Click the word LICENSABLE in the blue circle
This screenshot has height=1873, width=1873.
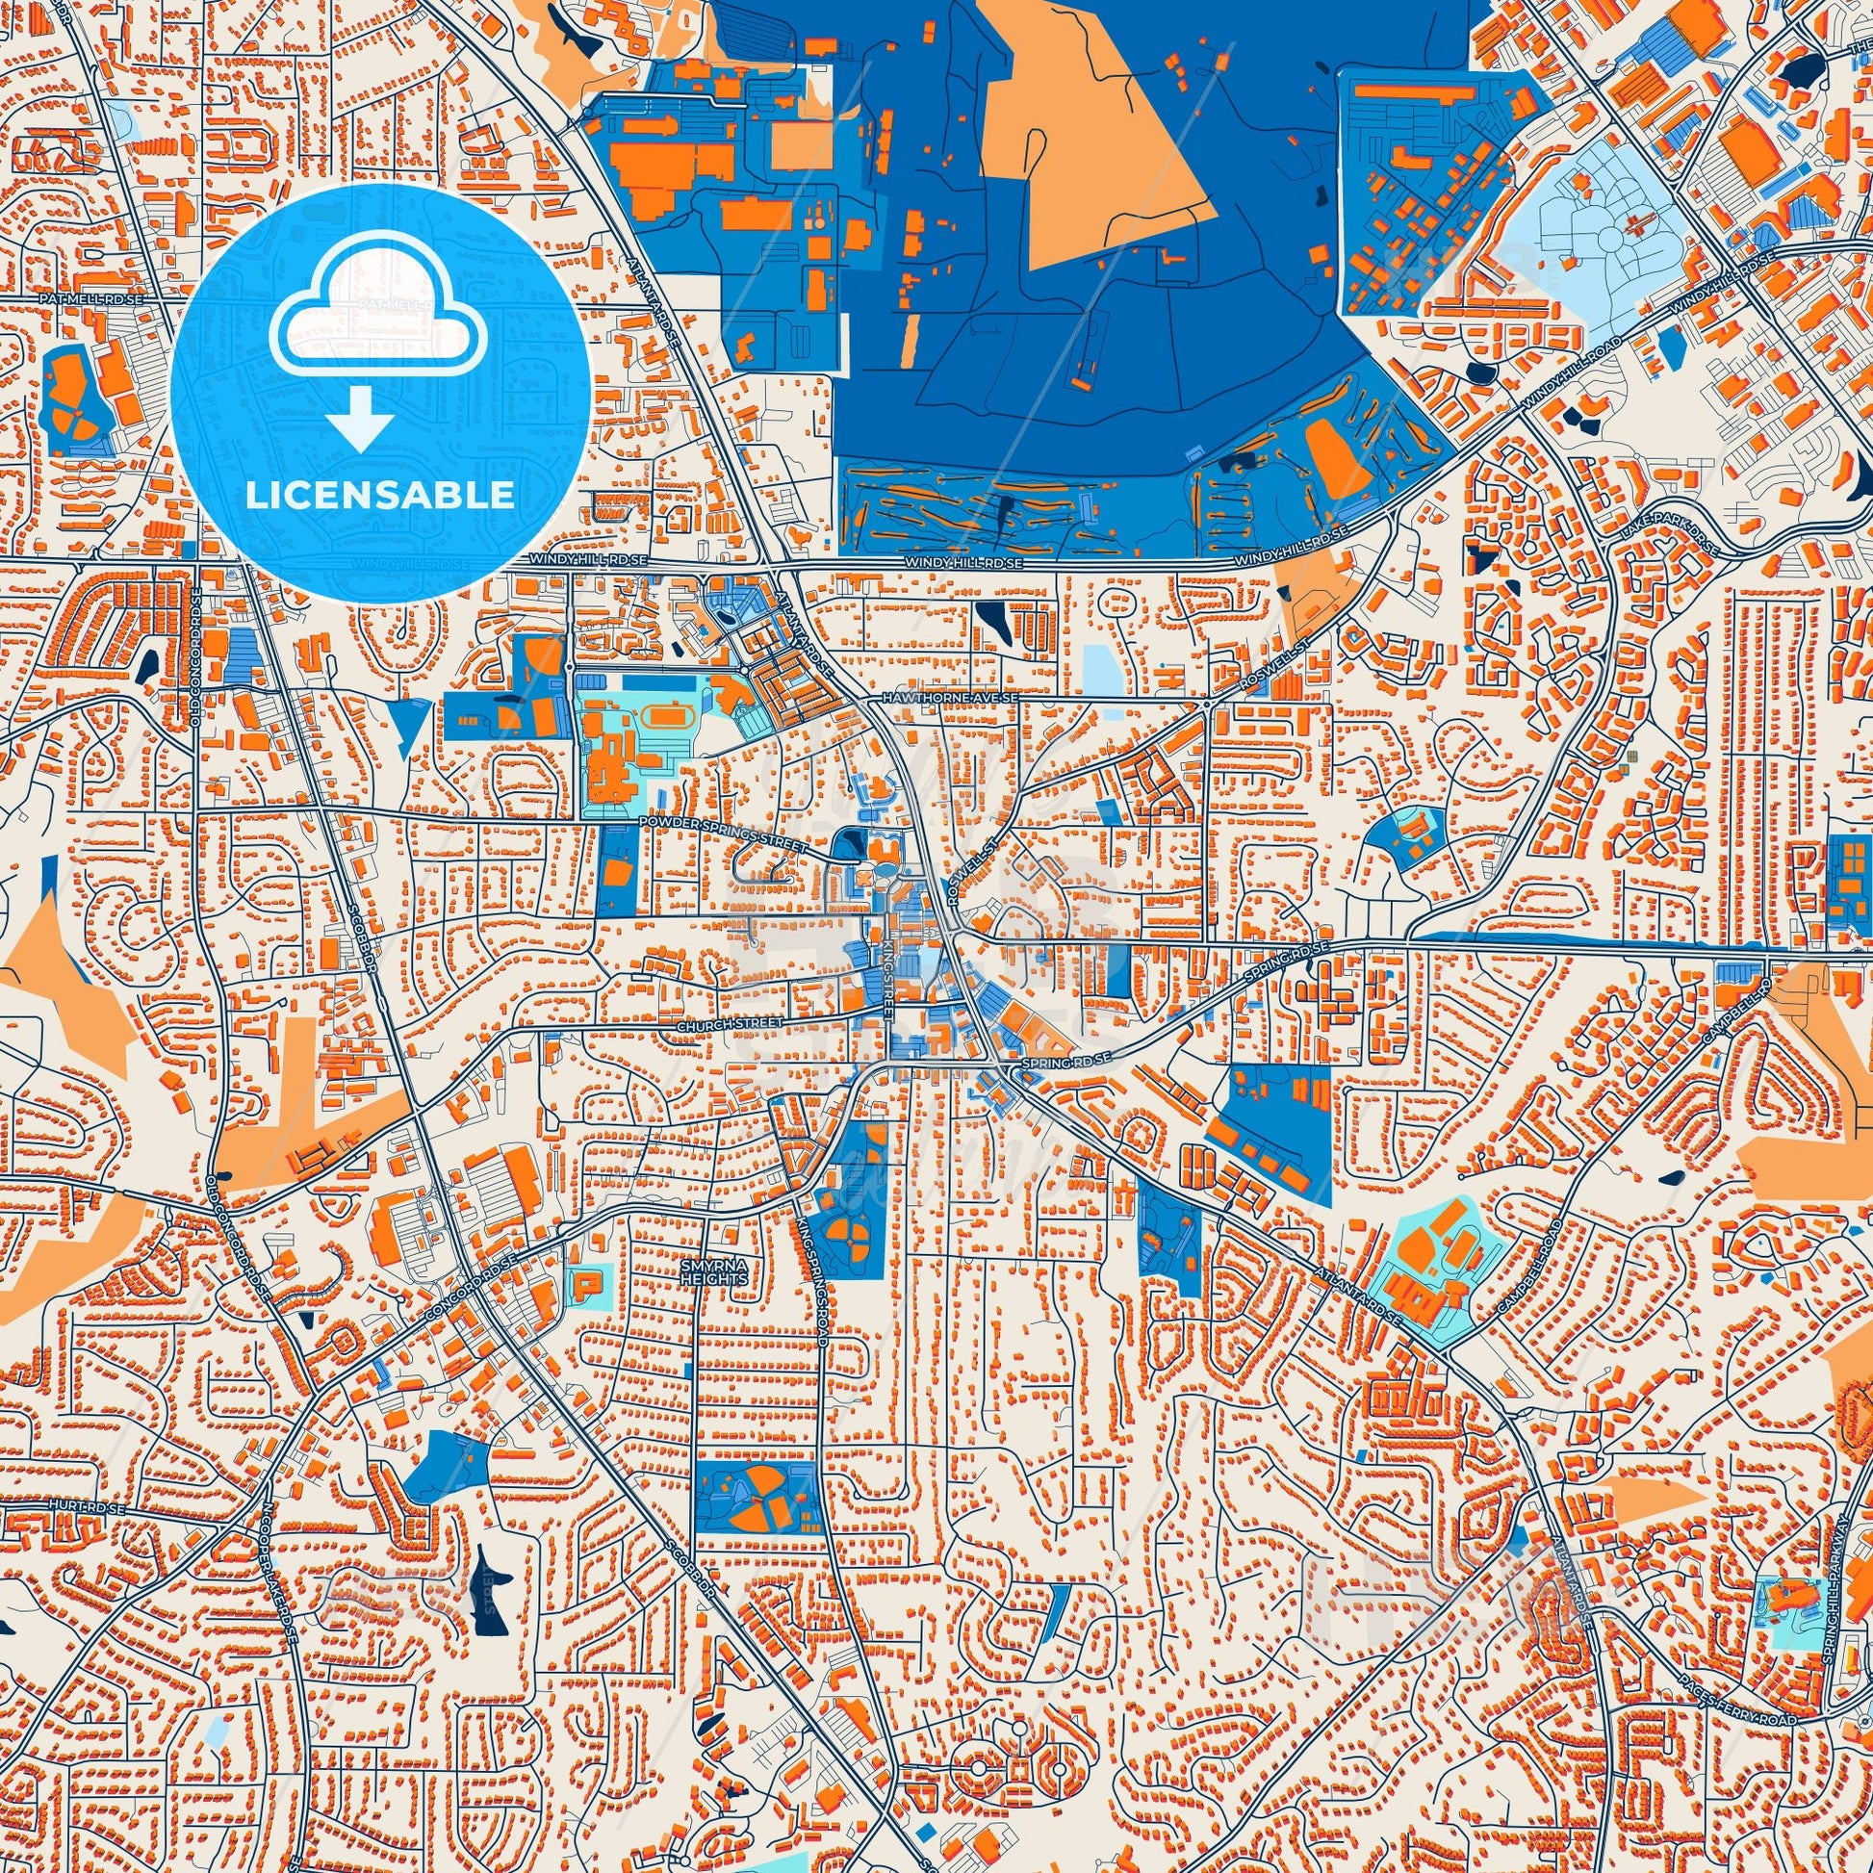click(380, 495)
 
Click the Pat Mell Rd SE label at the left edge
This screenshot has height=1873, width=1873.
click(92, 300)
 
